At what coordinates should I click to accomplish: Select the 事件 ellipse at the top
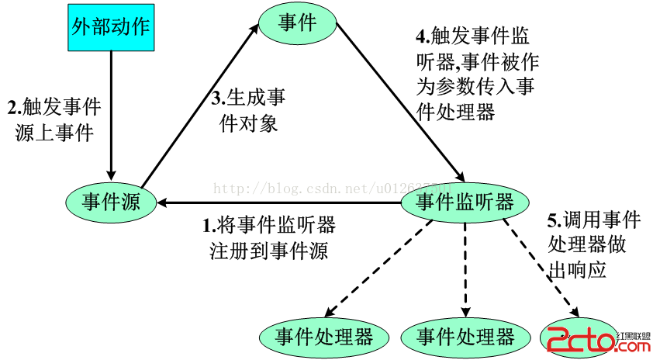(297, 23)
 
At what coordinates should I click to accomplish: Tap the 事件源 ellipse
(112, 202)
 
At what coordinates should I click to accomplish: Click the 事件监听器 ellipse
(465, 202)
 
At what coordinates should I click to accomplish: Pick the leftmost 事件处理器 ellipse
(324, 337)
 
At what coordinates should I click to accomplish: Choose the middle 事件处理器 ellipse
(465, 337)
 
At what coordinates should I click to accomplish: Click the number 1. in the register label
(208, 227)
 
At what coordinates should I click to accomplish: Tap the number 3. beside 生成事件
(218, 99)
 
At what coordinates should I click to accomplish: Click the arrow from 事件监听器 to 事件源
(279, 203)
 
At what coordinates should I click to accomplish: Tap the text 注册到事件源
(268, 251)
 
